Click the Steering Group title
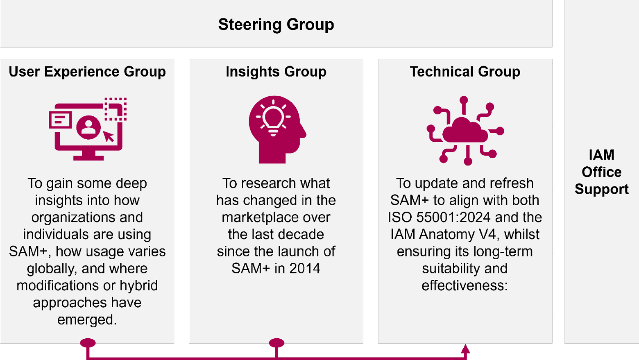pos(276,25)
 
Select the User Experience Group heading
pos(87,72)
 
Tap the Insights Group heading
pos(276,72)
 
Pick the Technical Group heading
pos(465,72)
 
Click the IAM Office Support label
pos(601,172)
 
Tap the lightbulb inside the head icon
pos(273,118)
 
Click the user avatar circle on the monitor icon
pos(88,127)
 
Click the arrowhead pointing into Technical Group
pos(465,349)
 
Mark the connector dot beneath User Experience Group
pos(88,343)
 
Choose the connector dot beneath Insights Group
pos(276,343)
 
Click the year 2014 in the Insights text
pos(305,268)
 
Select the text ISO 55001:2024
pos(439,217)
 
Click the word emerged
pos(87,319)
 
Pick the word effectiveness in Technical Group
pos(464,285)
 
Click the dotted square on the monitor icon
pos(116,109)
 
